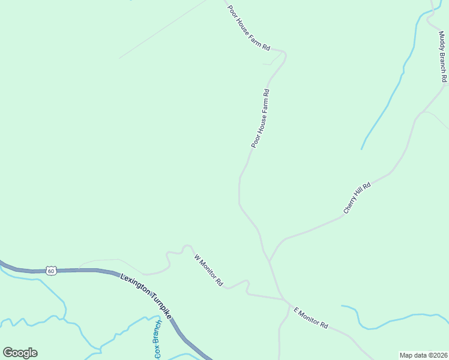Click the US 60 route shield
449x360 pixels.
pyautogui.click(x=52, y=271)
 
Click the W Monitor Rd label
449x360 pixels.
pyautogui.click(x=209, y=269)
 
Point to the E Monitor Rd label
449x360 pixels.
pyautogui.click(x=310, y=317)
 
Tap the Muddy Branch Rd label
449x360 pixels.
pyautogui.click(x=443, y=57)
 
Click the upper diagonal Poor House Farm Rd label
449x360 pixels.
pyautogui.click(x=249, y=28)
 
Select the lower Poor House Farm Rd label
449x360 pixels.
pyautogui.click(x=261, y=118)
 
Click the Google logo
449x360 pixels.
pyautogui.click(x=20, y=353)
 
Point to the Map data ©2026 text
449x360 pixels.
pyautogui.click(x=423, y=355)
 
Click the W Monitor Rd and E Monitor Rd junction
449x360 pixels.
pyautogui.click(x=285, y=300)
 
